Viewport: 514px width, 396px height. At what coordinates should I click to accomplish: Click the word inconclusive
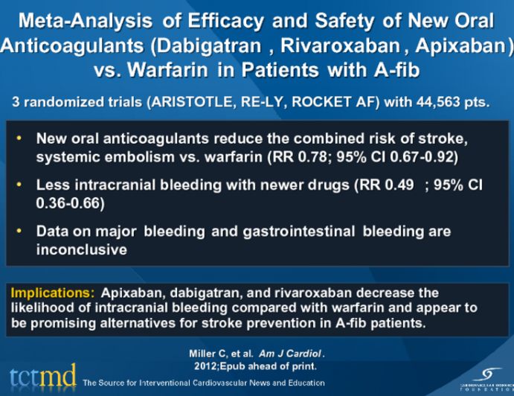81,250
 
